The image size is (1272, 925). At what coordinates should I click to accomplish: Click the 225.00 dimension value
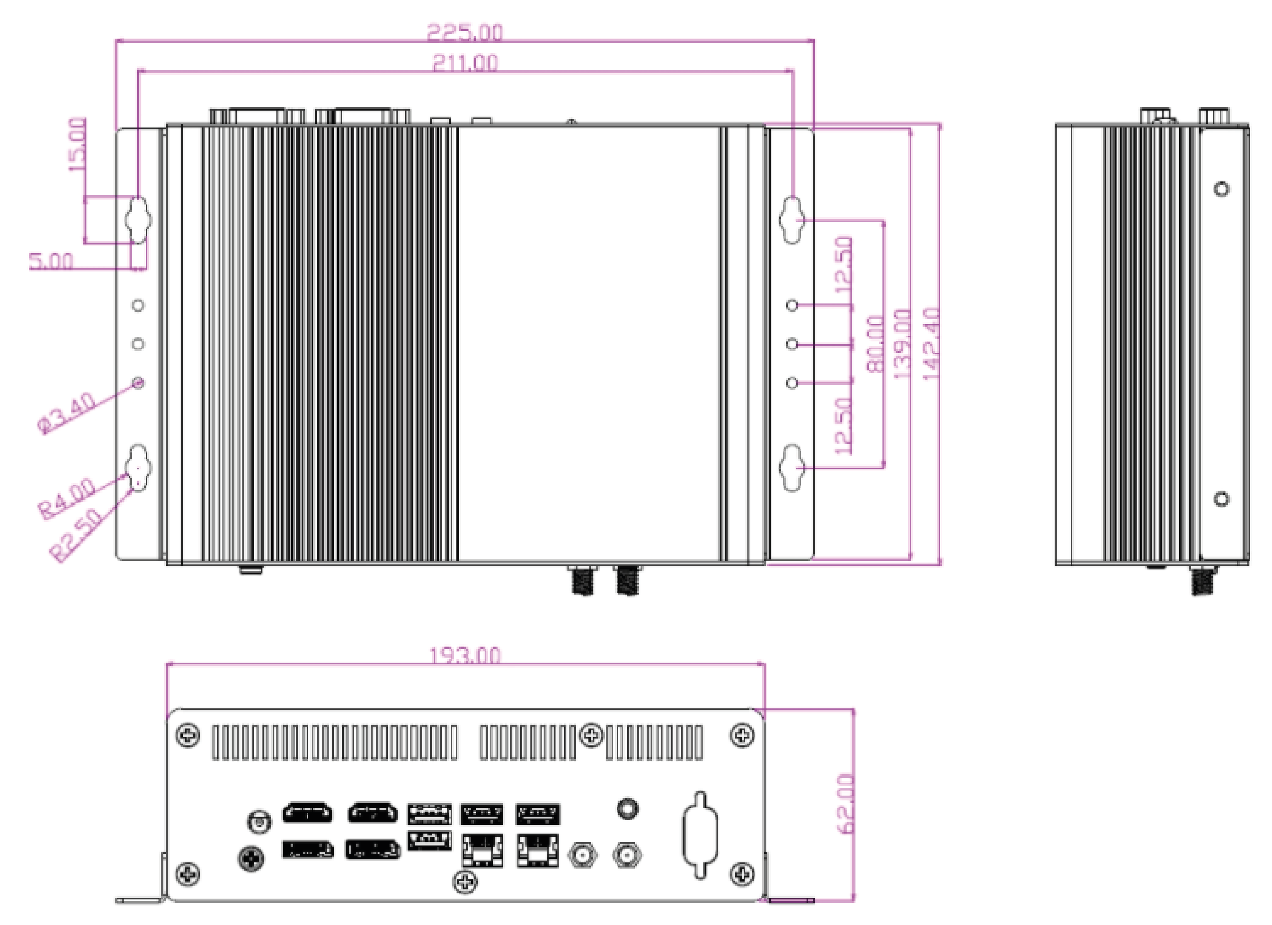pos(465,32)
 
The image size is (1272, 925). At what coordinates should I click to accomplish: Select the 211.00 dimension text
pos(465,63)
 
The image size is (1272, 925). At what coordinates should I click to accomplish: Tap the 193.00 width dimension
pos(465,655)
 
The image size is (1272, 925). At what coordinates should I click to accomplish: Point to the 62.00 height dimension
pos(845,804)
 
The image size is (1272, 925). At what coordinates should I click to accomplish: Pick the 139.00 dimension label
pos(902,343)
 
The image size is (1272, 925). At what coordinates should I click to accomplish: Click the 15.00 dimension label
pos(77,144)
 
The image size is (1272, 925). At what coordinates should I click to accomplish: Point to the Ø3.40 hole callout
pos(67,413)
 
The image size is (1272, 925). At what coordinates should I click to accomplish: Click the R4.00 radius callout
pos(67,498)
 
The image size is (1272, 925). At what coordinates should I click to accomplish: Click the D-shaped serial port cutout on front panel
pos(700,835)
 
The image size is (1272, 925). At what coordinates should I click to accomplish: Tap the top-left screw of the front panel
pos(187,735)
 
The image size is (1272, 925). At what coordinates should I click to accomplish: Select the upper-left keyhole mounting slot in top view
pos(138,219)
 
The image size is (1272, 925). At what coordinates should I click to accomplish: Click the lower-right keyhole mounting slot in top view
pos(792,468)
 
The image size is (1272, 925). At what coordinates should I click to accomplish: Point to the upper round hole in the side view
pos(1222,189)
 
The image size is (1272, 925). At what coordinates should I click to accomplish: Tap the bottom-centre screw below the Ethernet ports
pos(465,882)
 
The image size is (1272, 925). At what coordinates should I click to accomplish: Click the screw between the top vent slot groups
pos(591,735)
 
